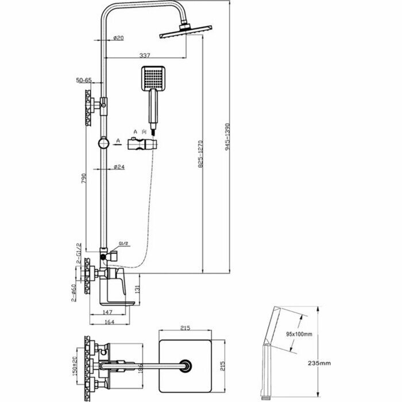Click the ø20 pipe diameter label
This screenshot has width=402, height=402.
pos(119,38)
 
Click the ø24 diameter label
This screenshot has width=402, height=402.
pos(119,167)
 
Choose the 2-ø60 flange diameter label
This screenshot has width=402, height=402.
pos(73,291)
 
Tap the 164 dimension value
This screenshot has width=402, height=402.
pos(113,323)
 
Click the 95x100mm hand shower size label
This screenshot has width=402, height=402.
pos(298,334)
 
